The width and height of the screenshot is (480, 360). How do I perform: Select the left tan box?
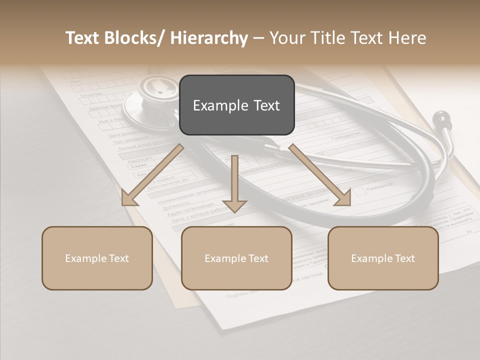tap(97, 258)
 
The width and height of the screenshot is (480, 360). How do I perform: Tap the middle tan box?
tap(236, 258)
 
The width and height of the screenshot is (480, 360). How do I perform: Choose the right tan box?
tap(383, 258)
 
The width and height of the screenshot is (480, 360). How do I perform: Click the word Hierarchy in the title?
tap(209, 38)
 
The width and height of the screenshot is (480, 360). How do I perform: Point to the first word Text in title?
tap(83, 38)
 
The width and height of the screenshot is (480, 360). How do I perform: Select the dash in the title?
tap(259, 38)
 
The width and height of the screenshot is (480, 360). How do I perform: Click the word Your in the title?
tap(287, 38)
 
